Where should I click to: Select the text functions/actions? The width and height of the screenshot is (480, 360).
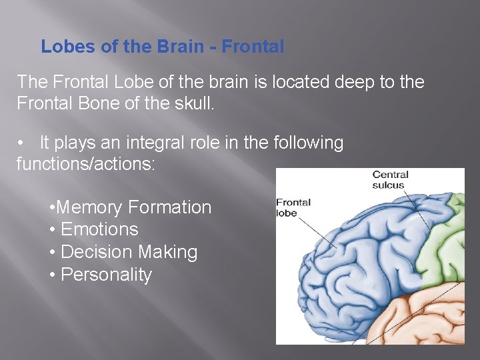click(85, 164)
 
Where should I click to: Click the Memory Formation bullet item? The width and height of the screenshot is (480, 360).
click(131, 207)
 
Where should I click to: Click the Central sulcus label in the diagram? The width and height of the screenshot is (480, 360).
click(390, 180)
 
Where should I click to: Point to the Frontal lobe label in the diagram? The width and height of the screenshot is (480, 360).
click(293, 208)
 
